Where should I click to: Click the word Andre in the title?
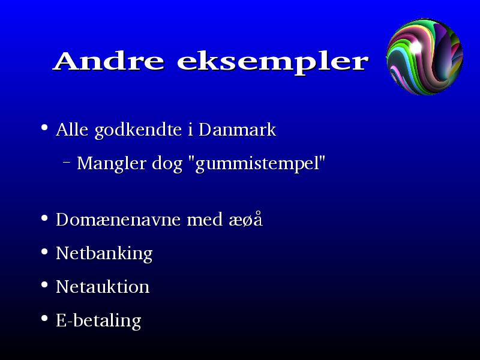coord(109,61)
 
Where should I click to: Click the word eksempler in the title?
coord(273,64)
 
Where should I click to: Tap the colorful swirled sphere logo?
coord(425,56)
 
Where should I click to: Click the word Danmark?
coord(237,129)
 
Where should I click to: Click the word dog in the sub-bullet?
coord(167,164)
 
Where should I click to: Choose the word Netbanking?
coord(104,254)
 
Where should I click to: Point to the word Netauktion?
coord(103,287)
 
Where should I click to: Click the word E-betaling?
coord(98,321)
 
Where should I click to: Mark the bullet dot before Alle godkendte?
coord(44,127)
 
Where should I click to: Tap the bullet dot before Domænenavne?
coord(44,218)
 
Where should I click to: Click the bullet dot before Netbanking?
coord(44,252)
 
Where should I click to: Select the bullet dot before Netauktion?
coord(44,285)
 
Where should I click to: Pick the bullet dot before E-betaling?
coord(44,319)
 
